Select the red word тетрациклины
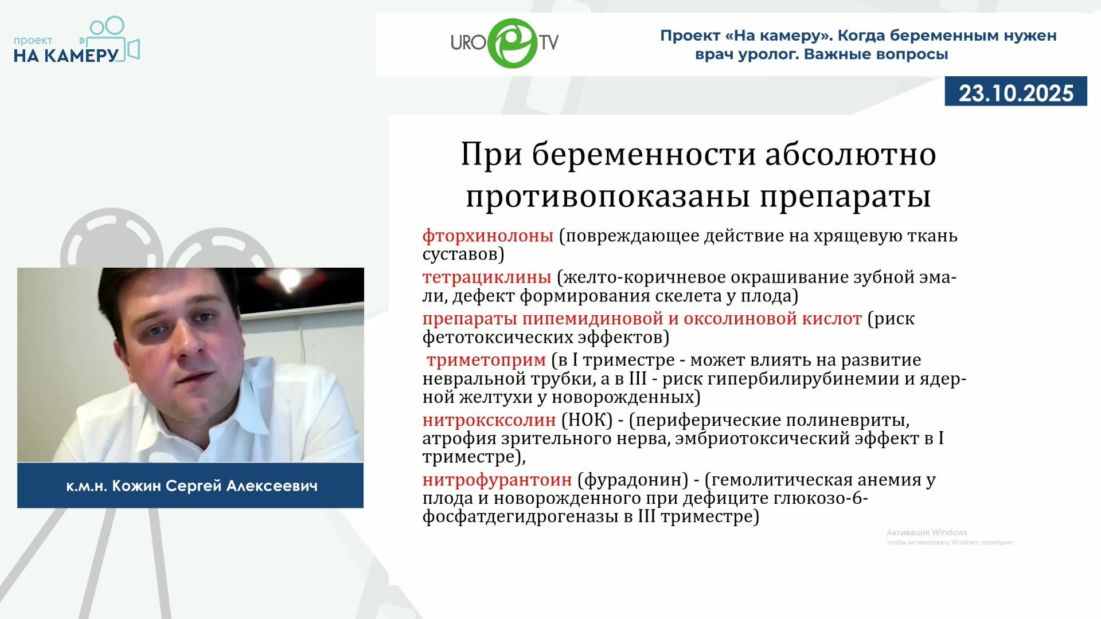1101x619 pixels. pos(487,278)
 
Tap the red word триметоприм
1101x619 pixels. pos(486,361)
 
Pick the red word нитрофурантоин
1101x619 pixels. pos(497,480)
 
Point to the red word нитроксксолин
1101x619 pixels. pos(489,421)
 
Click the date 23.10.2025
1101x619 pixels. pos(1016,93)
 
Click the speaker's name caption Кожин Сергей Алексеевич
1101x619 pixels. pos(214,487)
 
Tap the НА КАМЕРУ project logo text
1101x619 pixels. pos(66,55)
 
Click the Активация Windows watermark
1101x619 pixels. pos(927,532)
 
